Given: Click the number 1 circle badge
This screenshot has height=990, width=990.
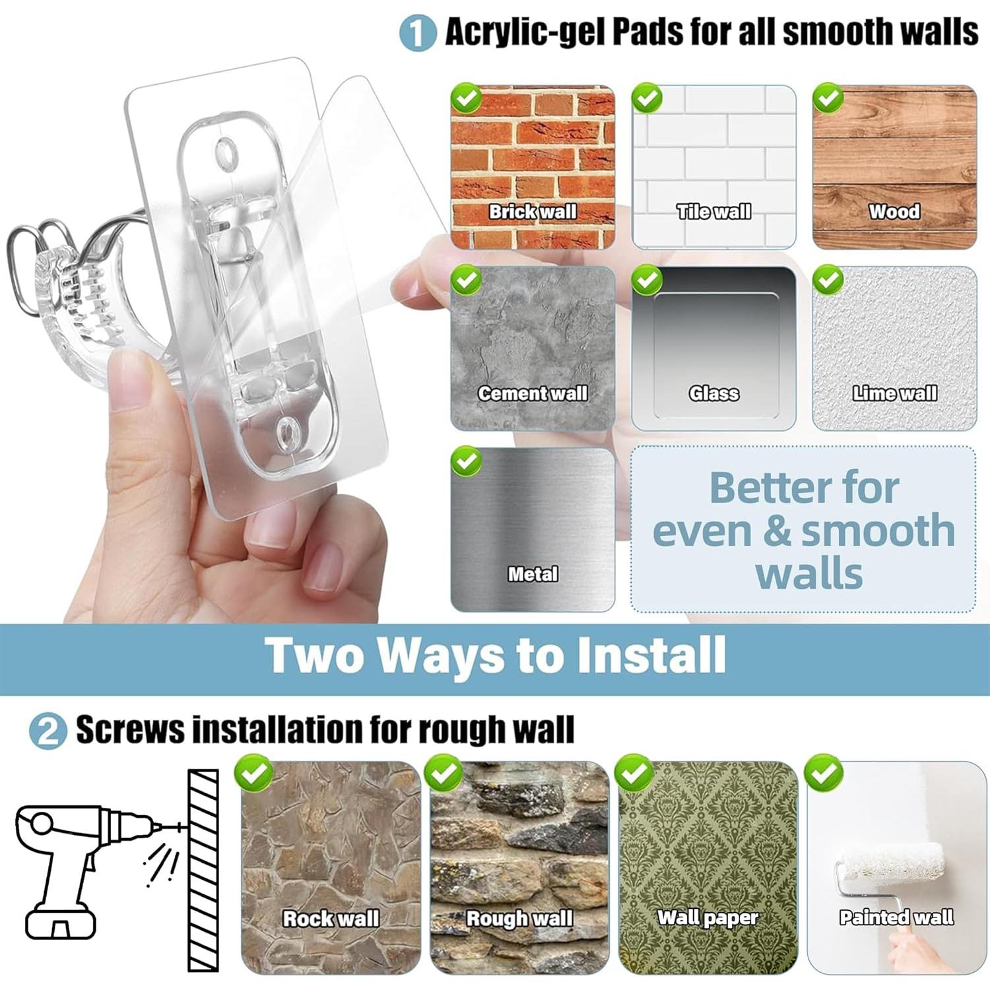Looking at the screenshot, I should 417,32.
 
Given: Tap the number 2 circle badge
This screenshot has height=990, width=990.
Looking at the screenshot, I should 48,731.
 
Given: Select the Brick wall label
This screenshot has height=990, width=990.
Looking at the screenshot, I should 533,212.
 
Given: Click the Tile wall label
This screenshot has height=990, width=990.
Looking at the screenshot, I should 713,212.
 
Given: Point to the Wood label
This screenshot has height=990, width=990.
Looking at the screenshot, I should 894,212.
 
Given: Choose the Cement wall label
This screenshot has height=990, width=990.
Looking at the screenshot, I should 533,393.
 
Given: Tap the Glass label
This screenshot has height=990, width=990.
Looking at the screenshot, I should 713,393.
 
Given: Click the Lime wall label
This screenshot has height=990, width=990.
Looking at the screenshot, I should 894,393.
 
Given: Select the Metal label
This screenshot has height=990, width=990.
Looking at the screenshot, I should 533,574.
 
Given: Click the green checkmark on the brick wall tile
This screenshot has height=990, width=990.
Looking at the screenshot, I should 467,99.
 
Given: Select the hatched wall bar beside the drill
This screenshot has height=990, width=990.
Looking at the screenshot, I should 203,870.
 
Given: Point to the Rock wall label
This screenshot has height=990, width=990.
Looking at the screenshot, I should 331,918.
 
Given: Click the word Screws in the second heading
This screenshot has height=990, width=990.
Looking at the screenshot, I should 130,730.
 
